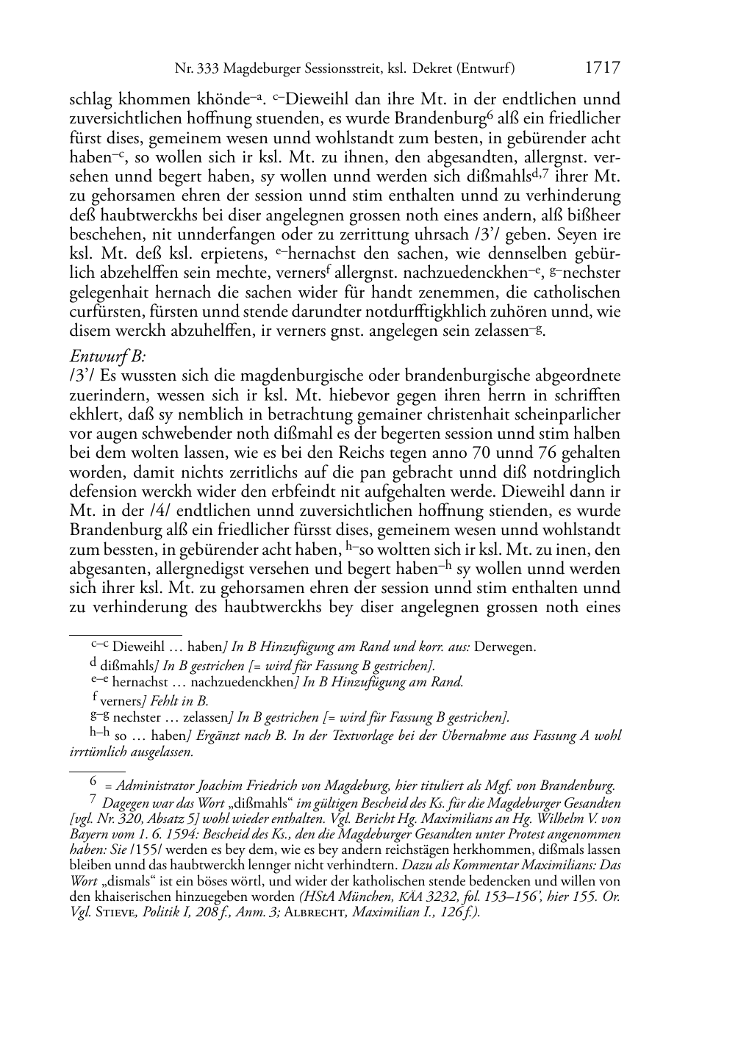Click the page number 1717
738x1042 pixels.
click(602, 68)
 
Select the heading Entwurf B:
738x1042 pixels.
click(107, 356)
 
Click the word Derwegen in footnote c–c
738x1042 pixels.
click(505, 647)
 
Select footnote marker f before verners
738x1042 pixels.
click(95, 698)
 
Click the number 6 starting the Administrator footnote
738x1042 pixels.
click(93, 783)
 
